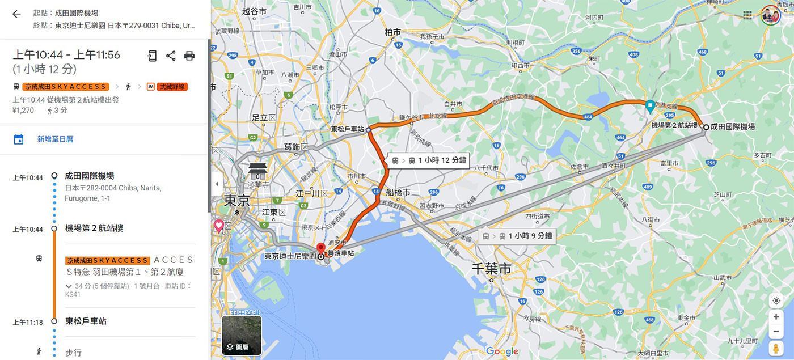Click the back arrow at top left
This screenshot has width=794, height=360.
(16, 14)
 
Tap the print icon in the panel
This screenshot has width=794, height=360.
(189, 56)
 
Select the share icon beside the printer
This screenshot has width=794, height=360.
(171, 56)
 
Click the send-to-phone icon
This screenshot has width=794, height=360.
(151, 56)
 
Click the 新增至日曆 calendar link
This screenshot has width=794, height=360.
(55, 139)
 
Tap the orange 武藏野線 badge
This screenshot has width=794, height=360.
(172, 87)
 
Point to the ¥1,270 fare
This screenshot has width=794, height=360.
(23, 111)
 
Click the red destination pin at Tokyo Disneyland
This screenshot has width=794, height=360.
(320, 248)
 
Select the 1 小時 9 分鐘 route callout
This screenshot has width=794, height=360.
(517, 236)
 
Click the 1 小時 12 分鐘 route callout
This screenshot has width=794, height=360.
(428, 160)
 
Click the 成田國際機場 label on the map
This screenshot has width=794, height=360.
(733, 127)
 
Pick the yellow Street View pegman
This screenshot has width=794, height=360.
(776, 348)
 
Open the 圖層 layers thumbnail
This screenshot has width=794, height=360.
(242, 335)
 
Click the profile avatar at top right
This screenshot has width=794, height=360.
(771, 15)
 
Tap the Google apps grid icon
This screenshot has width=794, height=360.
(747, 15)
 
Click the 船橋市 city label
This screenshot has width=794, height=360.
(398, 193)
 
